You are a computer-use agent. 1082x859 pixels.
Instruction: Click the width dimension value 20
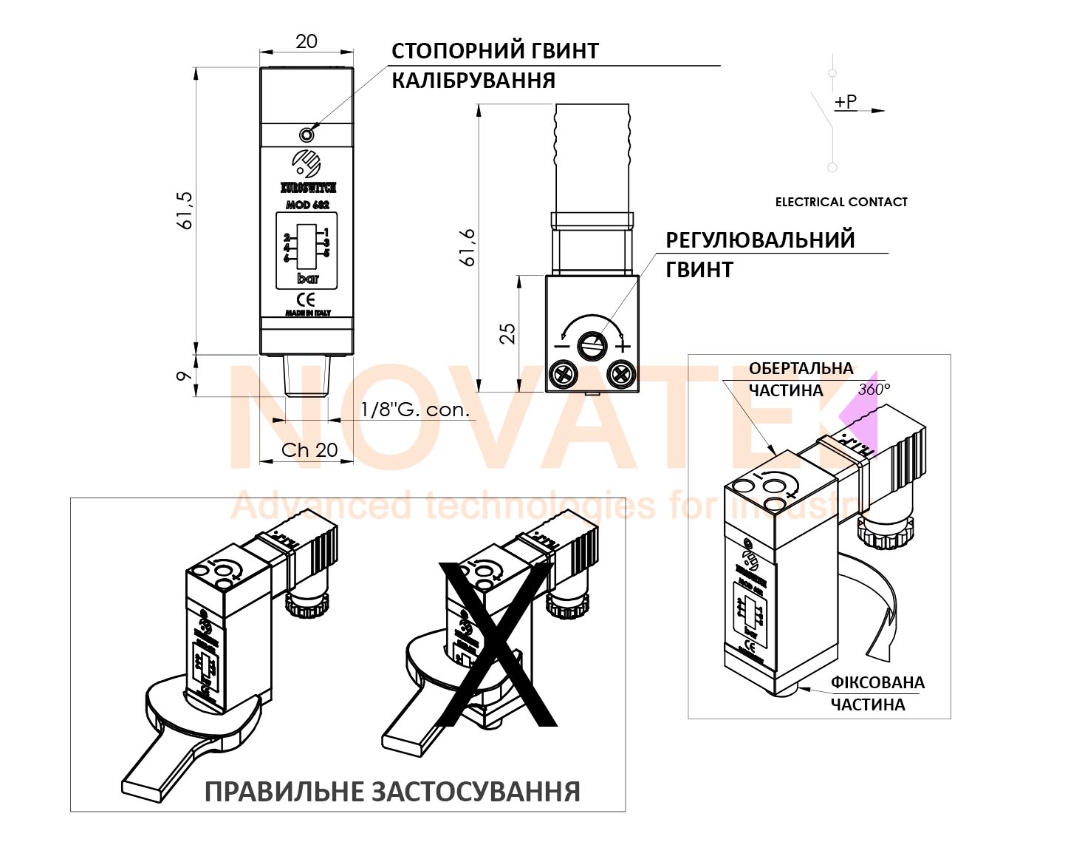tap(306, 41)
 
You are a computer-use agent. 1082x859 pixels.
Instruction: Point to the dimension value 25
tap(507, 333)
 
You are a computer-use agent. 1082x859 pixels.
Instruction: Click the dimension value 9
tap(184, 376)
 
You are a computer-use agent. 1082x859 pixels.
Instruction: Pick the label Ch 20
tap(309, 449)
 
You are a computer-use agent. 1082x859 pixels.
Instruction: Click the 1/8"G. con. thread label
tap(415, 410)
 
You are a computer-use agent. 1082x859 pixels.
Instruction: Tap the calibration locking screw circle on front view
tap(307, 135)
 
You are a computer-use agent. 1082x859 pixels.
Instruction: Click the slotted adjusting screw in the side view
tap(592, 344)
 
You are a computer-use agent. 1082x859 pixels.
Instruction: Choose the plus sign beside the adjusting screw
tap(624, 346)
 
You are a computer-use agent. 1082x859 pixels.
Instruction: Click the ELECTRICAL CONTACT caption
tap(840, 202)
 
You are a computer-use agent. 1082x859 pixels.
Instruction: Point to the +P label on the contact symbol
tap(846, 101)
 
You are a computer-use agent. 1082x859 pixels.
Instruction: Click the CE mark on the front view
tap(306, 299)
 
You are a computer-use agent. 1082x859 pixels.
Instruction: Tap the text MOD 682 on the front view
tap(307, 205)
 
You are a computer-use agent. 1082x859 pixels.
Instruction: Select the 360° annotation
tap(874, 389)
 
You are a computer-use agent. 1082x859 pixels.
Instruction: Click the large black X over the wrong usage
tap(496, 644)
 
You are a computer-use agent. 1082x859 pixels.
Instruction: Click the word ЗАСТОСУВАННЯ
tap(475, 792)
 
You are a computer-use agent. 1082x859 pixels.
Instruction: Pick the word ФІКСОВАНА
tap(877, 682)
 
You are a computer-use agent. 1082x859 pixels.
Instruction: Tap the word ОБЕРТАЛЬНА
tap(801, 368)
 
